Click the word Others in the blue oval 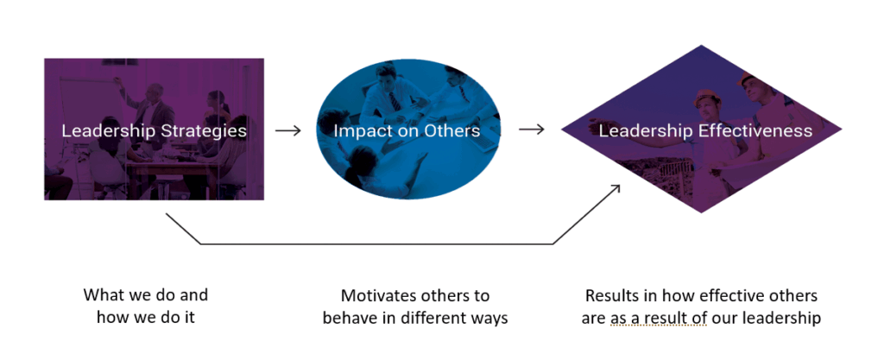pos(449,131)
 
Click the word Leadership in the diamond pos(640,131)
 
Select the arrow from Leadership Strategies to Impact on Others pos(287,131)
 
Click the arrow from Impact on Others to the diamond pos(532,131)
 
